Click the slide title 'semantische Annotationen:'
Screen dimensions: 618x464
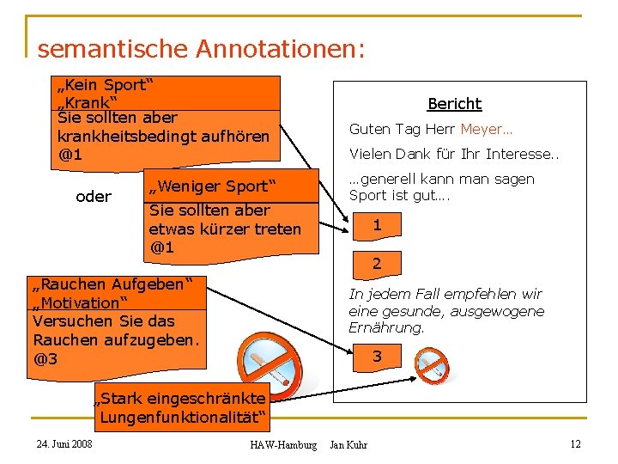pyautogui.click(x=201, y=48)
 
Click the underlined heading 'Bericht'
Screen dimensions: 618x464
pyautogui.click(x=454, y=104)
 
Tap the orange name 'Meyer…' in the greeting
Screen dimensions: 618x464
pyautogui.click(x=486, y=130)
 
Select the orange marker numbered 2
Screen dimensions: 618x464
pyautogui.click(x=376, y=264)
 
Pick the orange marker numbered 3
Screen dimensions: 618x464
pyautogui.click(x=376, y=356)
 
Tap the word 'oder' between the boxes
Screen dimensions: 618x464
pyautogui.click(x=94, y=197)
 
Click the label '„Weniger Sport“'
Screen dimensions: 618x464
pyautogui.click(x=211, y=186)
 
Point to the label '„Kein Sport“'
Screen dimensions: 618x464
pyautogui.click(x=104, y=85)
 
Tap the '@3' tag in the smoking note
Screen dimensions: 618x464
pyautogui.click(x=45, y=358)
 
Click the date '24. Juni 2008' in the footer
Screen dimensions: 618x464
pyautogui.click(x=64, y=443)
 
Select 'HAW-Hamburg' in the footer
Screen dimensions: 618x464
pyautogui.click(x=282, y=444)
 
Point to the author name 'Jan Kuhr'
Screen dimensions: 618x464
pyautogui.click(x=348, y=444)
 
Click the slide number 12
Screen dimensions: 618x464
pyautogui.click(x=575, y=443)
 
